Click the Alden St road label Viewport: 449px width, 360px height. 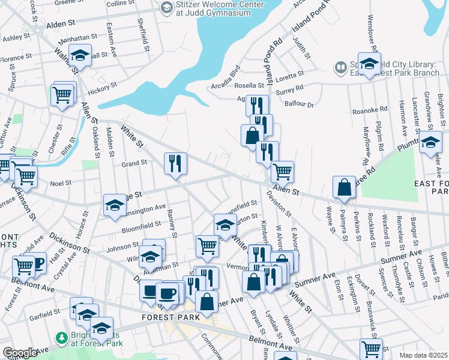pyautogui.click(x=59, y=23)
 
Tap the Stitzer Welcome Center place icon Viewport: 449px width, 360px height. pyautogui.click(x=166, y=7)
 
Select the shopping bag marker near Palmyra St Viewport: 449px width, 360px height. pyautogui.click(x=344, y=187)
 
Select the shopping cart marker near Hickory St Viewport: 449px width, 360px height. pyautogui.click(x=62, y=94)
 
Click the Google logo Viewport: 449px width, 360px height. pyautogui.click(x=20, y=353)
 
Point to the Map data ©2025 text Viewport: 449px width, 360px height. pyautogui.click(x=423, y=355)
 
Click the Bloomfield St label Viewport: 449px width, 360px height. pyautogui.click(x=141, y=226)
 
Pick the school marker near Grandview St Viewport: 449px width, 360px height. pyautogui.click(x=430, y=143)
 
